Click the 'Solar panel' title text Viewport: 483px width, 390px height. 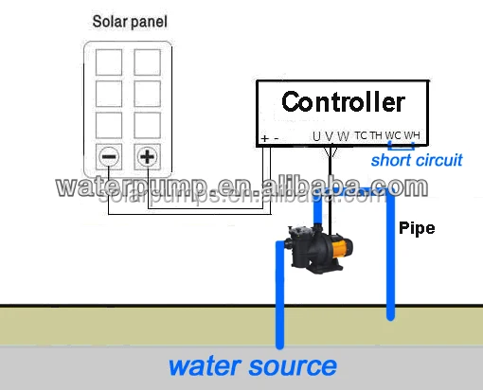[131, 21]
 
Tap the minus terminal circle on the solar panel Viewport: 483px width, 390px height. [111, 156]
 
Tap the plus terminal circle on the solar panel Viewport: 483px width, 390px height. [147, 156]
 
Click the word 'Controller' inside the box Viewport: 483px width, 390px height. [343, 101]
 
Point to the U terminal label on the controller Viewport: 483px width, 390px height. [317, 136]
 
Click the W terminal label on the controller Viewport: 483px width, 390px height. [343, 136]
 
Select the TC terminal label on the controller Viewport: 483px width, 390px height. [361, 136]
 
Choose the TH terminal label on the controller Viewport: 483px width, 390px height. [377, 136]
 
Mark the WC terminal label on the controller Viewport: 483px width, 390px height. [393, 136]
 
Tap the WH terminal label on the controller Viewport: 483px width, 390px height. [411, 136]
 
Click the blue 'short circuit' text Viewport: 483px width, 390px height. [416, 160]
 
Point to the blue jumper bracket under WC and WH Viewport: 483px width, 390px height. [402, 147]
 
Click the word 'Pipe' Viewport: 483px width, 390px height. [417, 228]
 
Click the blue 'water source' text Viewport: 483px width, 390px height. [252, 365]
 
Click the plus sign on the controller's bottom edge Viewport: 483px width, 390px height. [265, 138]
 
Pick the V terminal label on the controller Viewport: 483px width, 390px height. [330, 136]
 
